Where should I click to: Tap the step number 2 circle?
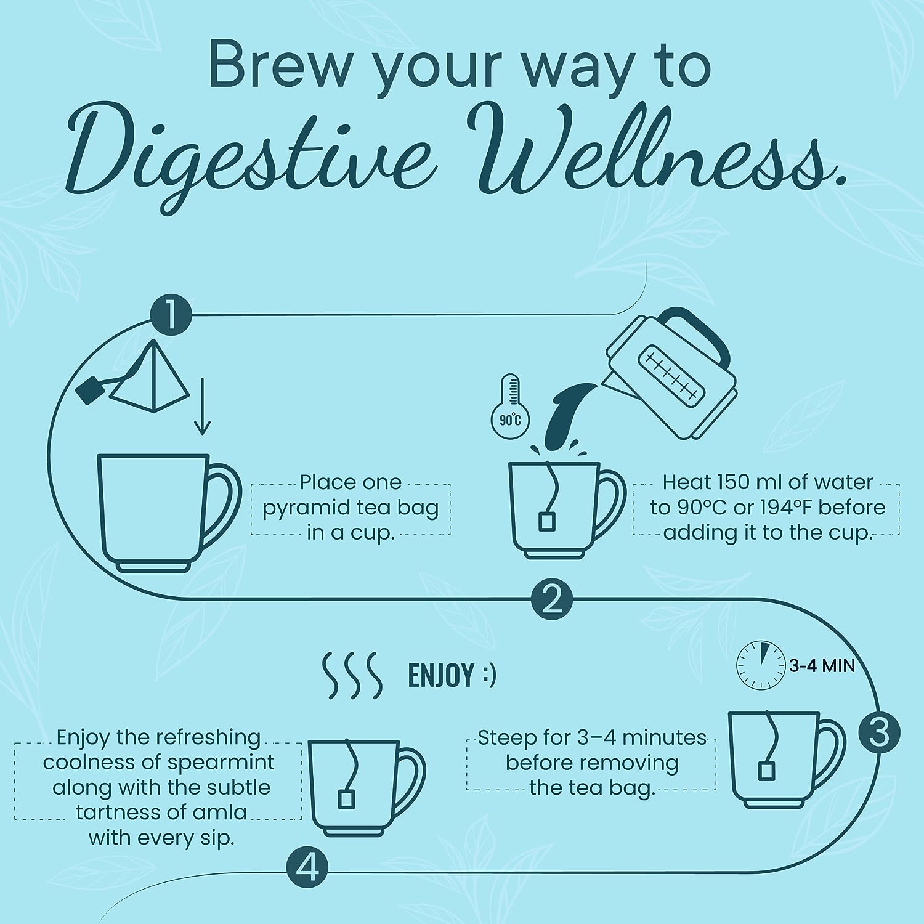[552, 597]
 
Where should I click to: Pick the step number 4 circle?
[307, 869]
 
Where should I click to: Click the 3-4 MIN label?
[822, 665]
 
